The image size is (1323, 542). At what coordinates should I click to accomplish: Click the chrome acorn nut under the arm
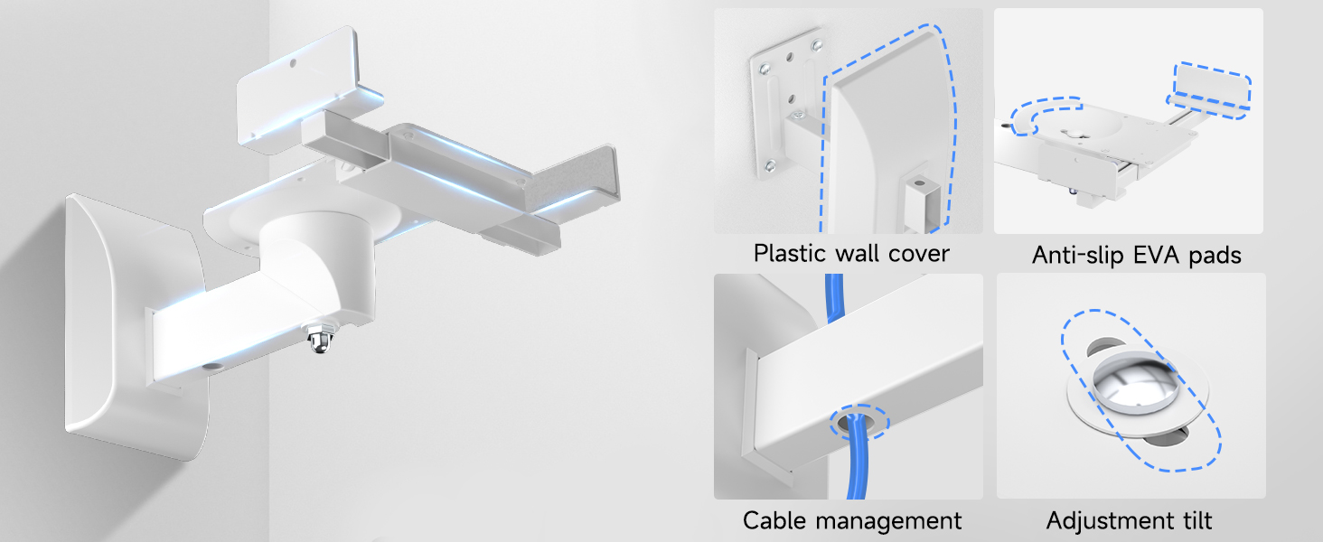[x=321, y=340]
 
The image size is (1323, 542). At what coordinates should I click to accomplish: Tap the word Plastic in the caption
[x=790, y=254]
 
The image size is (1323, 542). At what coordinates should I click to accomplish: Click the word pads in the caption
[x=1215, y=256]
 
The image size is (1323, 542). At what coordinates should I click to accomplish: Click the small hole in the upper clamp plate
[x=293, y=62]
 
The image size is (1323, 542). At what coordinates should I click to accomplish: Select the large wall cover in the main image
[x=130, y=328]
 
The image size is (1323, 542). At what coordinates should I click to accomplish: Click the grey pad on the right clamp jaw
[x=570, y=178]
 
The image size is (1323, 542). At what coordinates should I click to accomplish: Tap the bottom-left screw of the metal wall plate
[x=770, y=166]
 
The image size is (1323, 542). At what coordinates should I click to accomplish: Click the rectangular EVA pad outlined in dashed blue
[x=1211, y=89]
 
